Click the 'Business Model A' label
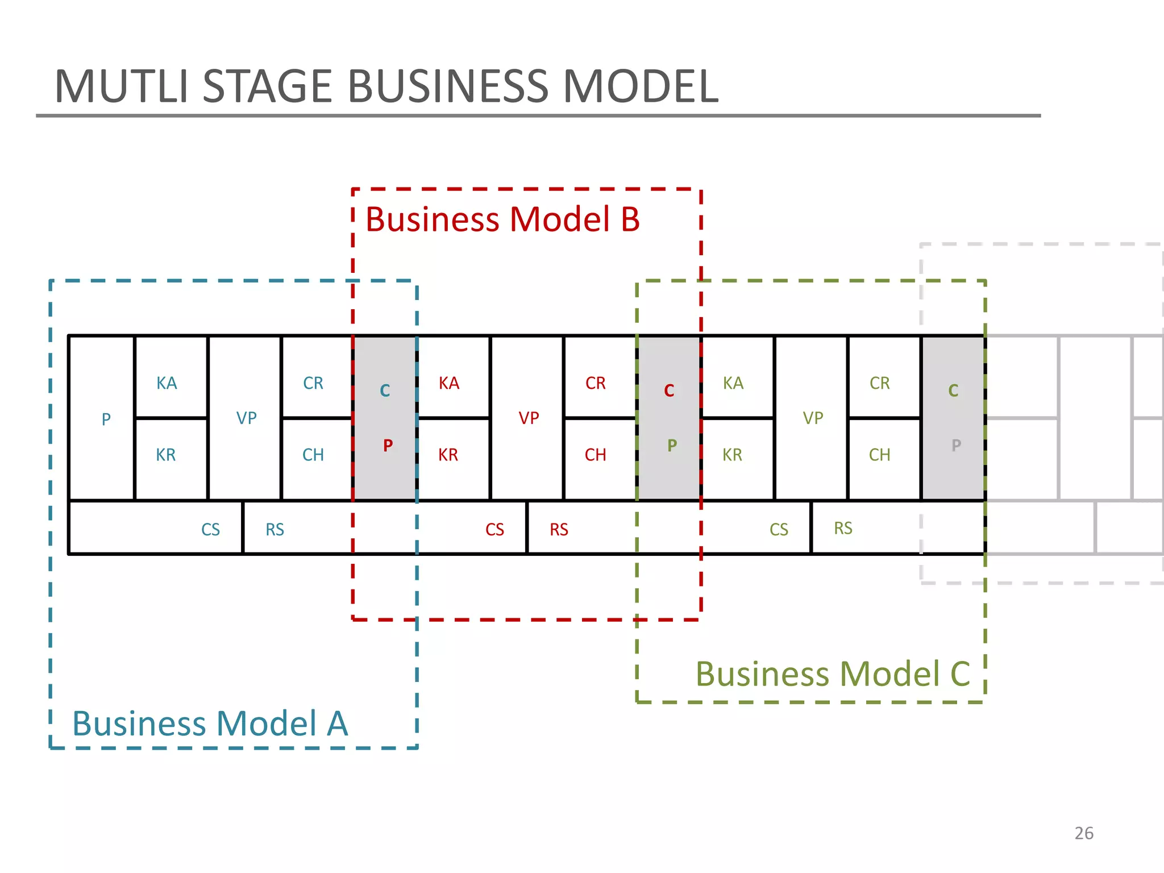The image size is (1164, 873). [210, 724]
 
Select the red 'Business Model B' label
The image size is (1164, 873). [502, 219]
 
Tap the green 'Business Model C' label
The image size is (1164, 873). [833, 674]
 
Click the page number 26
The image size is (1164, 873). [1084, 833]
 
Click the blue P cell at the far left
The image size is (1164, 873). [106, 419]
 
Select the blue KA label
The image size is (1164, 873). [167, 383]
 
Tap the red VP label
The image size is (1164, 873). [529, 418]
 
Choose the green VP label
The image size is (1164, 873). [813, 418]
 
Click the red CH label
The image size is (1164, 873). [595, 455]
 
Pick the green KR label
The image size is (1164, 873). [732, 455]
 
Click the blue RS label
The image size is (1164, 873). [275, 530]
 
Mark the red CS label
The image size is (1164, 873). [494, 530]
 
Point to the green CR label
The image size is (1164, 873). [879, 383]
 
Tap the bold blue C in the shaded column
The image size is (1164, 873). [385, 390]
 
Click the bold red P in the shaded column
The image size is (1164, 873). [388, 445]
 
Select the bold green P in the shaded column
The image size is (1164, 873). [672, 445]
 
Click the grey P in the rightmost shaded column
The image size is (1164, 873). [956, 445]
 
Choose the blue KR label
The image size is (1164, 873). [165, 455]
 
